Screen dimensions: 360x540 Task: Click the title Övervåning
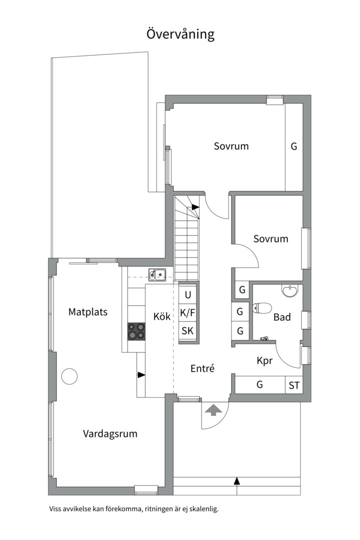(x=180, y=34)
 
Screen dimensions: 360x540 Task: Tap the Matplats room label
(x=88, y=312)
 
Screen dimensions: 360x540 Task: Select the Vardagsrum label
(x=110, y=433)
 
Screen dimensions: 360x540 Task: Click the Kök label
(x=162, y=316)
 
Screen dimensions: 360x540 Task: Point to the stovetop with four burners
(x=136, y=331)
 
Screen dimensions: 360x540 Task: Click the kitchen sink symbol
(x=157, y=275)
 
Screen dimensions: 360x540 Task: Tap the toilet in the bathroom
(x=262, y=308)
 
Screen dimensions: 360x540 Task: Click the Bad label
(x=282, y=317)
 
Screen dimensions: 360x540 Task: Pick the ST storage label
(x=294, y=385)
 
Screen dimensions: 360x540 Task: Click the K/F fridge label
(x=188, y=312)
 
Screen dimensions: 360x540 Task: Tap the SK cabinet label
(x=188, y=330)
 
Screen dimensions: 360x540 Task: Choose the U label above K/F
(x=188, y=295)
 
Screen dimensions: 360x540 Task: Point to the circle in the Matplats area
(x=69, y=376)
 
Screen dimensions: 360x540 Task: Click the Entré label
(x=202, y=368)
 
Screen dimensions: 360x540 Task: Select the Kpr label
(x=264, y=360)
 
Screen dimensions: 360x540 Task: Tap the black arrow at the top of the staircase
(x=195, y=207)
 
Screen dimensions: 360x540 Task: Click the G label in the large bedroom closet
(x=294, y=146)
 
